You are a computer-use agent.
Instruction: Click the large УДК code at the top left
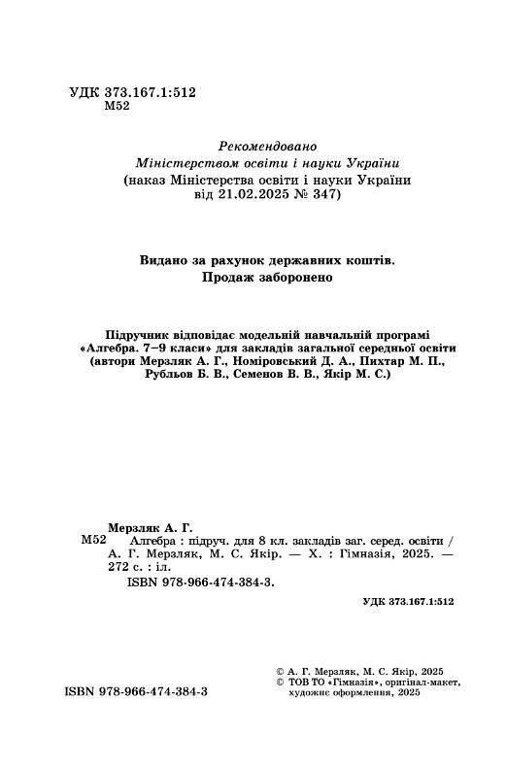134,91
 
